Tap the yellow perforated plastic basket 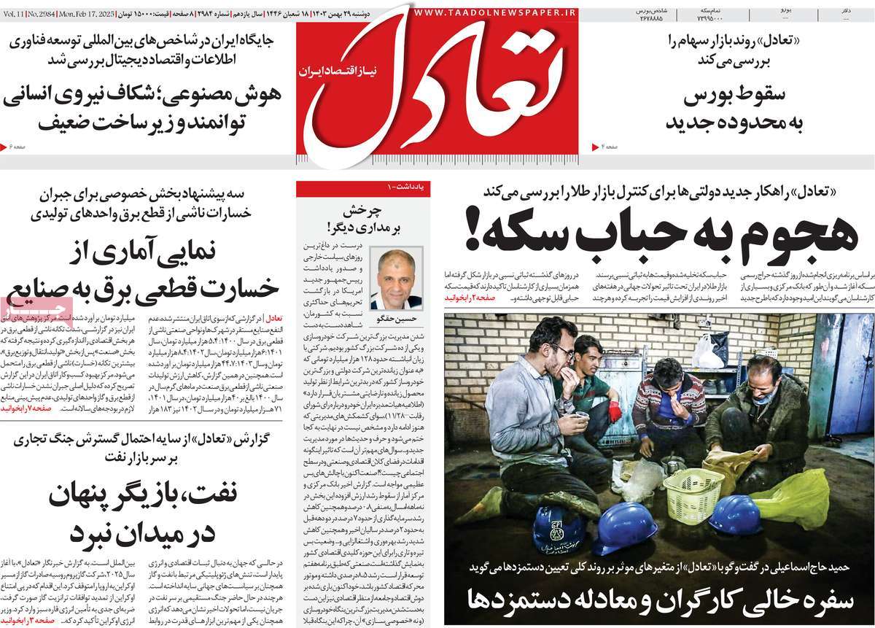tap(693, 489)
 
